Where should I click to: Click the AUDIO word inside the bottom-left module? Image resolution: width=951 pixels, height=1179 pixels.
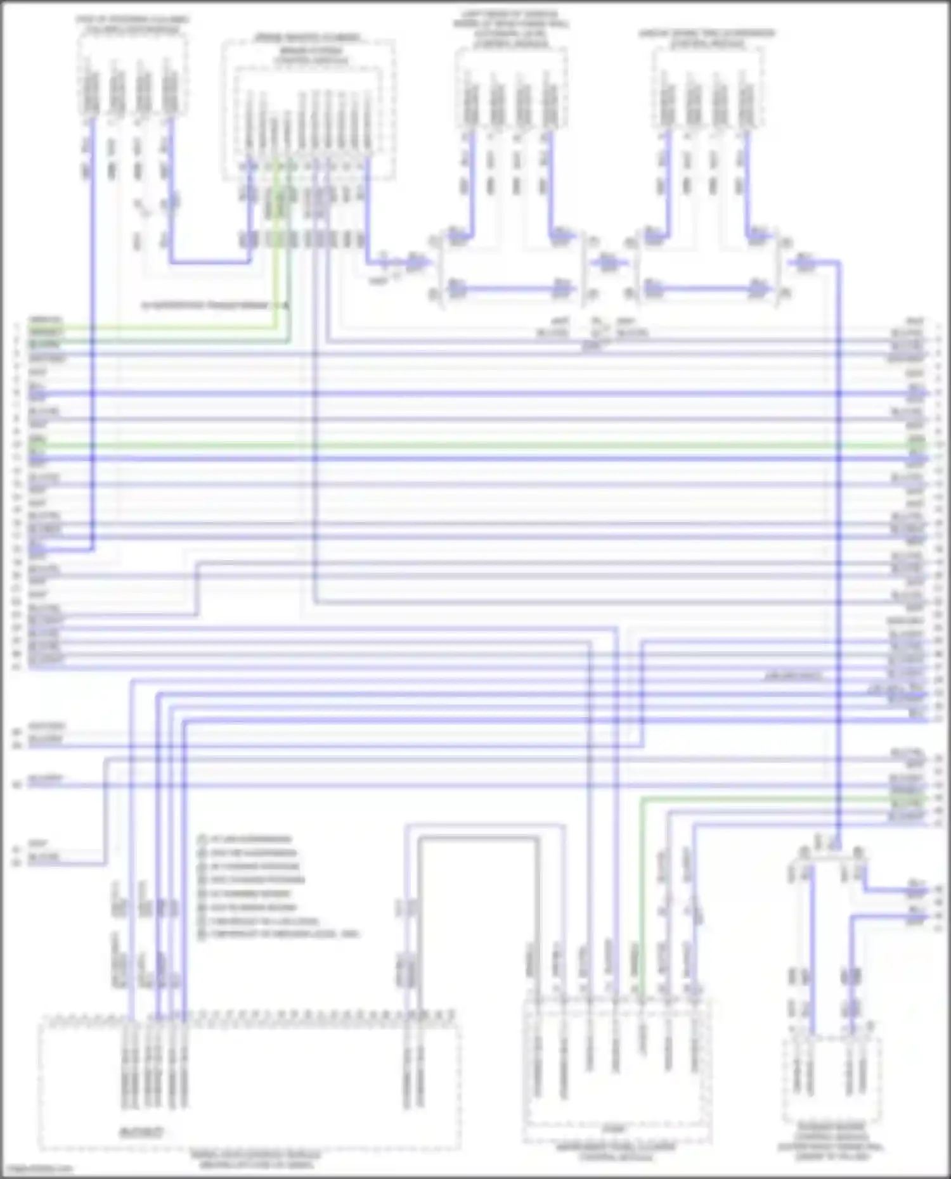point(142,1132)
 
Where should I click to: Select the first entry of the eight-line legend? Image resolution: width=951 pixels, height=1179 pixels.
point(250,839)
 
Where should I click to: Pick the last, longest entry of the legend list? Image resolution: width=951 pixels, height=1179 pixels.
point(285,934)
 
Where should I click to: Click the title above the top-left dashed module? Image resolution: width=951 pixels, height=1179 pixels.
point(133,25)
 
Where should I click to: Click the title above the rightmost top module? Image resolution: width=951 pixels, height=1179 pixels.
point(707,38)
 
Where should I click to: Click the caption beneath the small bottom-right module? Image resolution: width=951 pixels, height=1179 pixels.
point(830,1142)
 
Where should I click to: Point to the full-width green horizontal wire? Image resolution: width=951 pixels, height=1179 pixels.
point(475,445)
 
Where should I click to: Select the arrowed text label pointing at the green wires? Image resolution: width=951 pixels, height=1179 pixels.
point(209,306)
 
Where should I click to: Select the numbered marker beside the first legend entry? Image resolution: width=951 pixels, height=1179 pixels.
point(202,839)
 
